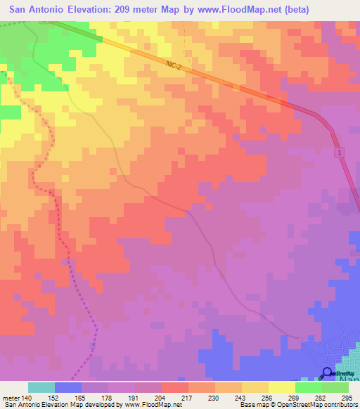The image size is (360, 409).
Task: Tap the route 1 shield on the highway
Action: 339,152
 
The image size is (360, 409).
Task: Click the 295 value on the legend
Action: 349,397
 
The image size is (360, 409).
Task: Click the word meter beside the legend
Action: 11,397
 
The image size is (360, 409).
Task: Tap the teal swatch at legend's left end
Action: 41,387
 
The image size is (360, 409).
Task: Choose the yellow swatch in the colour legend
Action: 281,387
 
